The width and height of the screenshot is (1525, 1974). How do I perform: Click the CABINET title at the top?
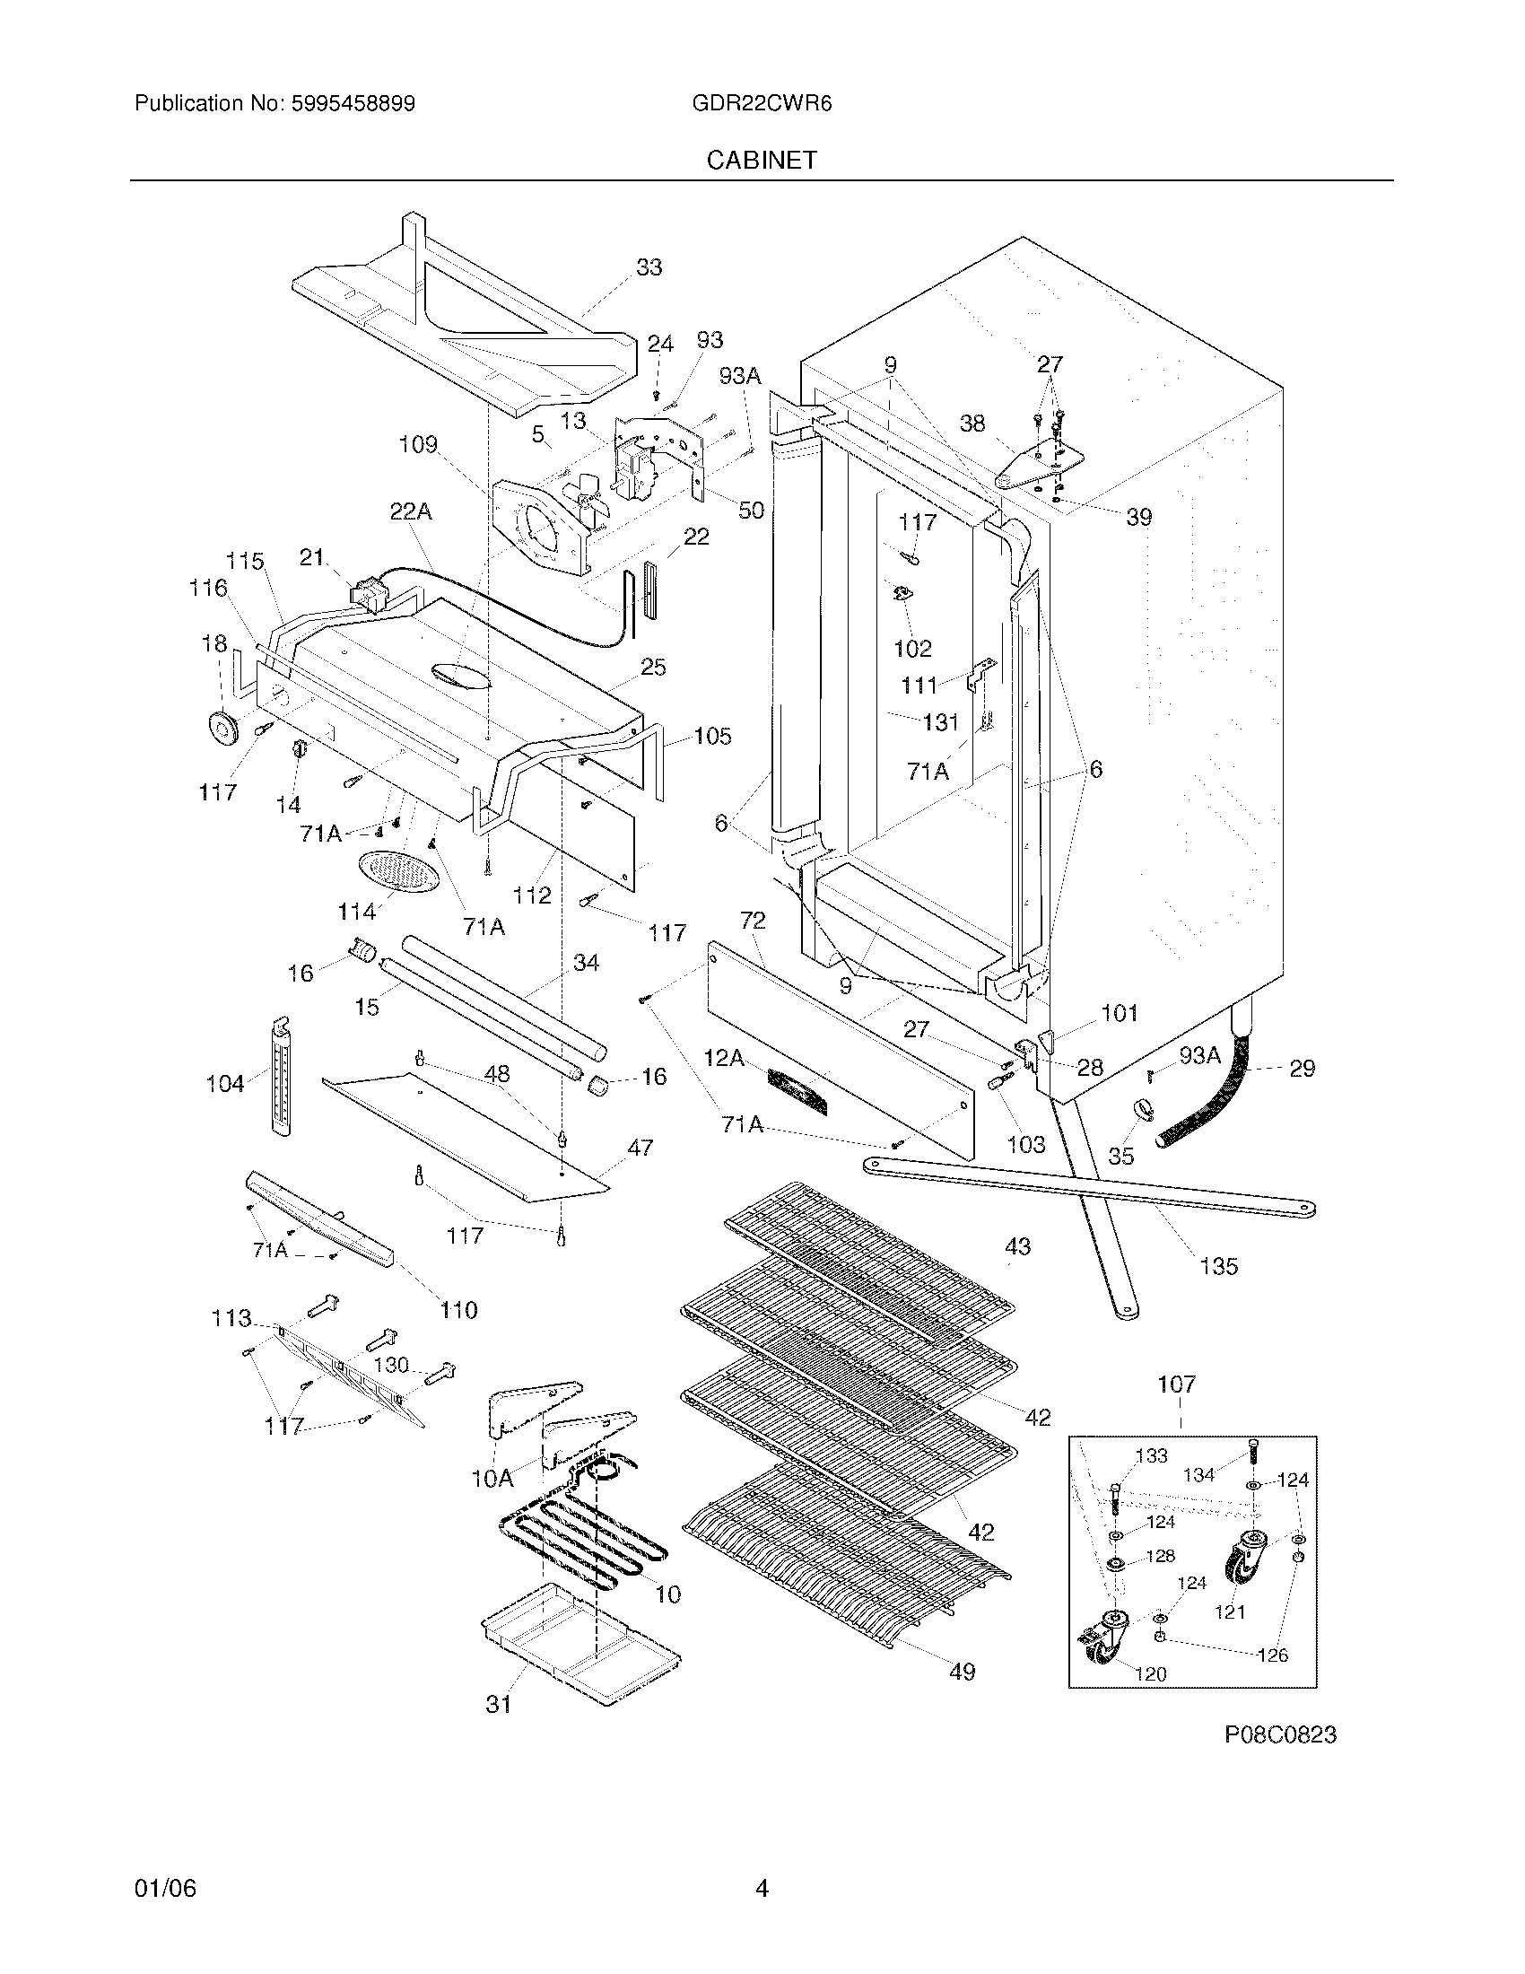[x=762, y=160]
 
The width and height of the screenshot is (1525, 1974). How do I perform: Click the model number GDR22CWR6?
[x=762, y=104]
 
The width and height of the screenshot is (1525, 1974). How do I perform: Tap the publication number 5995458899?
[x=353, y=104]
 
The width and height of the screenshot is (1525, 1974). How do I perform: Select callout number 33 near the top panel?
[x=649, y=267]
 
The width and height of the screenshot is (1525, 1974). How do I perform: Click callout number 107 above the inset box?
[x=1176, y=1384]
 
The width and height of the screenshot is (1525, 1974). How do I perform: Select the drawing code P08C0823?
[x=1279, y=1734]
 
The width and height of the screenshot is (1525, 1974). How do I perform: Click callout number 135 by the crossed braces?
[x=1218, y=1266]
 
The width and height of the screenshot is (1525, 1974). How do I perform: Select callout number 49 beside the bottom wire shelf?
[x=963, y=1673]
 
